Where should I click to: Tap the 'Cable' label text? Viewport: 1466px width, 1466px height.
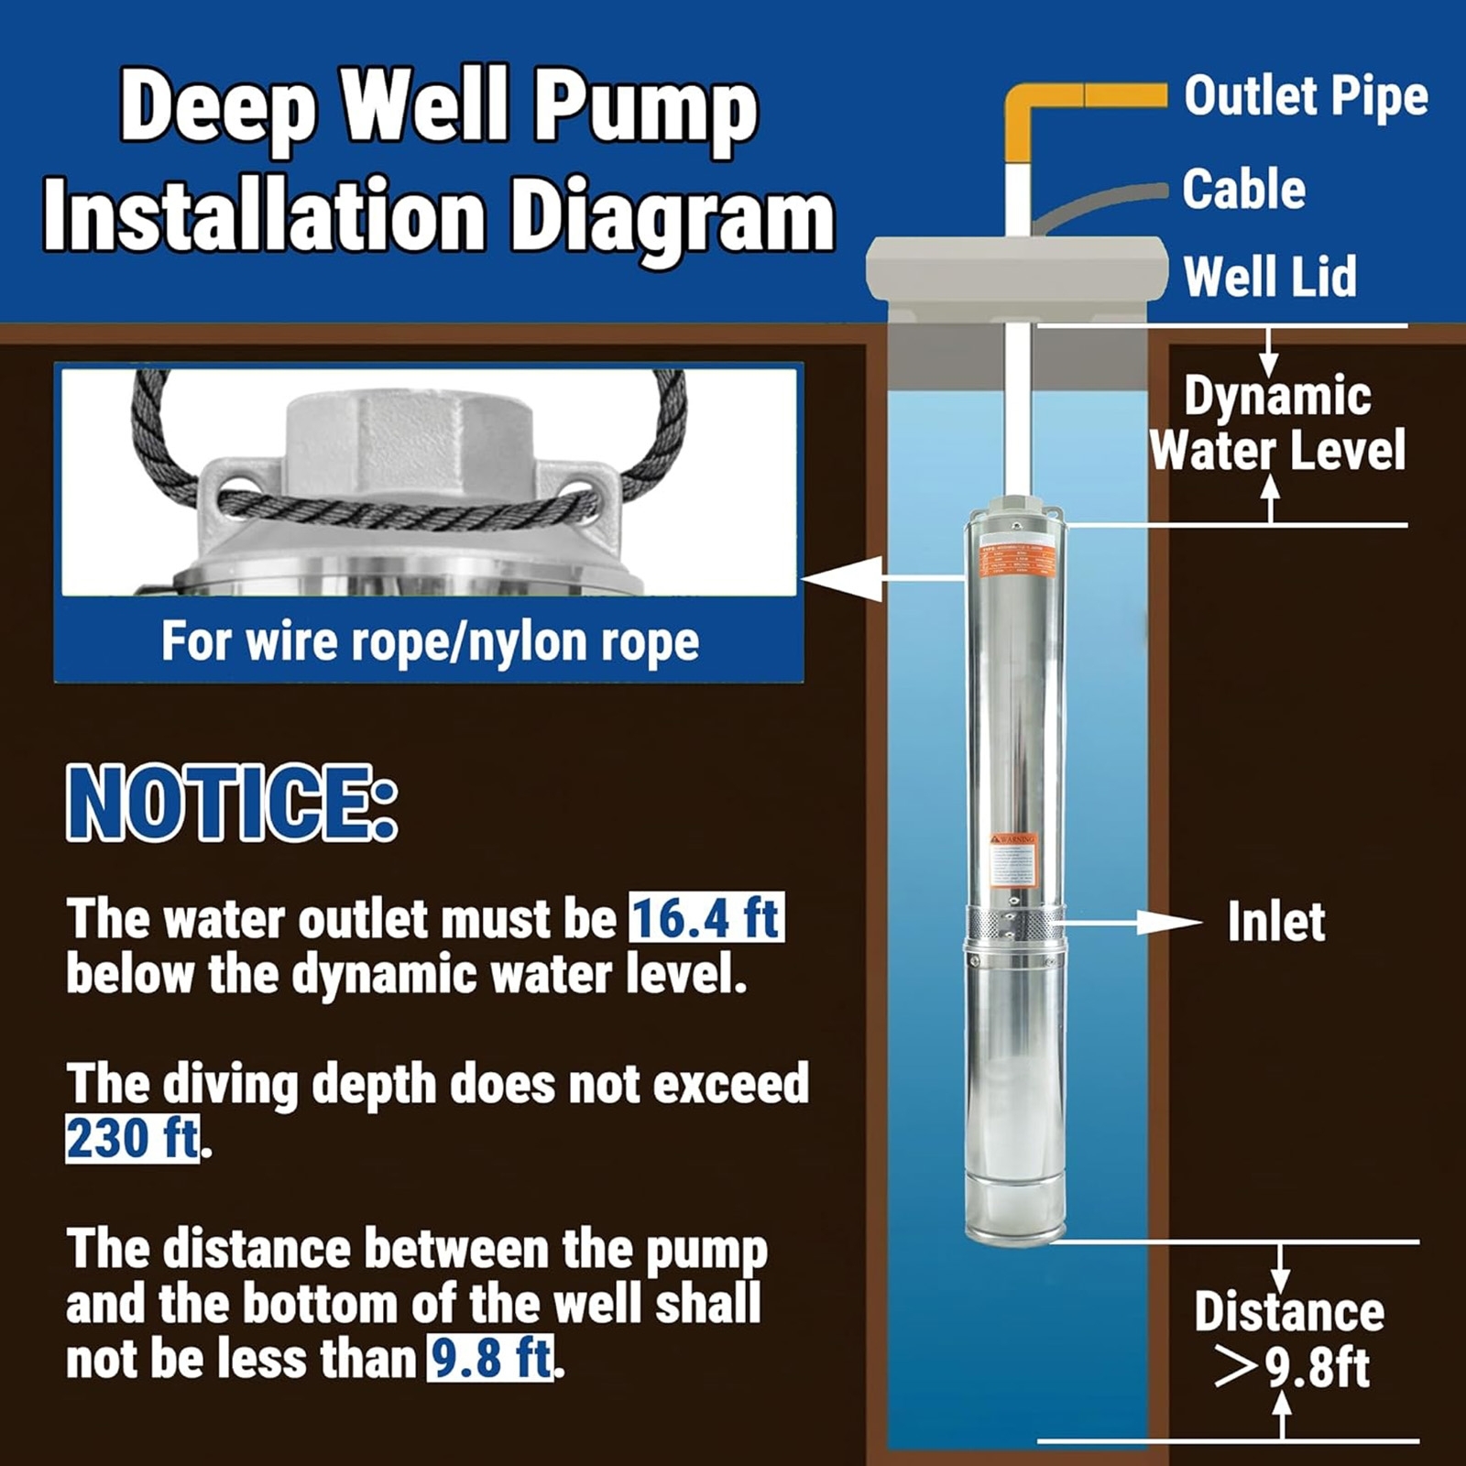pos(1243,190)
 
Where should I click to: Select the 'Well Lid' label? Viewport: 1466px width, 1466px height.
pos(1269,277)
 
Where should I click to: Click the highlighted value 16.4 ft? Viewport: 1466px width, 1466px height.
pos(706,919)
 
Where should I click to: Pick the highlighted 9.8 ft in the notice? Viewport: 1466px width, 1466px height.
pos(491,1358)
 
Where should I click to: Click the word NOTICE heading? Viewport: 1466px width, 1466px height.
pos(232,804)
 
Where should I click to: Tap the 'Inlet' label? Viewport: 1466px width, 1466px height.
pos(1275,922)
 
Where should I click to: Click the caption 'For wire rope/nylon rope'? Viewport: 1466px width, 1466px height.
pos(430,640)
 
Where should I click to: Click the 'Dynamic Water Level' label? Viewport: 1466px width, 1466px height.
pos(1276,423)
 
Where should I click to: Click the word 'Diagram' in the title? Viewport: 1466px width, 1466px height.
pos(672,217)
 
